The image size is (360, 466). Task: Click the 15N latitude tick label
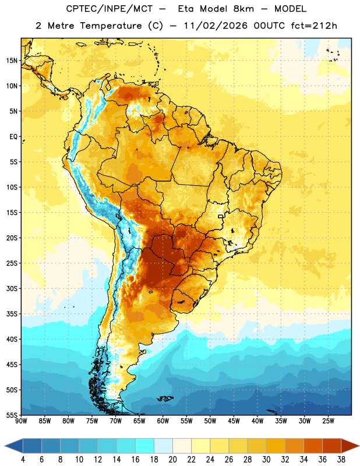12,61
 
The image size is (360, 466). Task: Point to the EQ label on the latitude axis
13,137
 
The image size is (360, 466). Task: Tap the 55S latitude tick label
12,415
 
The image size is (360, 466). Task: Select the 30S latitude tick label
12,288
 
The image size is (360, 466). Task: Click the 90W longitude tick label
21,421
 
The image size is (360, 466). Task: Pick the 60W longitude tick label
163,421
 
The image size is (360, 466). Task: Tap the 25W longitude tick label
328,421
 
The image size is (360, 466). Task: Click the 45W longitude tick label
234,421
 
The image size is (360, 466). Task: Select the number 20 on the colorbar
172,460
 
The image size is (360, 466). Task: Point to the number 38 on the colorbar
341,460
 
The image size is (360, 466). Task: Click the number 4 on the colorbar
23,460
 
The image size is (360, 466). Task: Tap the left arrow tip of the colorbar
5,446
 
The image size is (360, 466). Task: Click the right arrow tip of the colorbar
359,446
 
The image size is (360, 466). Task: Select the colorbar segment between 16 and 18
145,446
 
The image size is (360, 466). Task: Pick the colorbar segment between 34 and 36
313,446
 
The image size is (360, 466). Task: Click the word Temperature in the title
111,26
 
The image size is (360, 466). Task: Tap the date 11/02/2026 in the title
216,26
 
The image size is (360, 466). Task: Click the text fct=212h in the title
314,26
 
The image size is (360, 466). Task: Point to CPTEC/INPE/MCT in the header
109,9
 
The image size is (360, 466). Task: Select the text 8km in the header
243,9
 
